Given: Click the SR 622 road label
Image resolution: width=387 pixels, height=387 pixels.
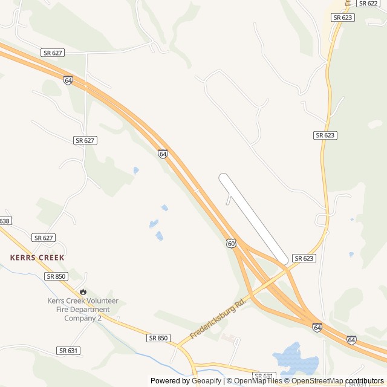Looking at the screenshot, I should (x=367, y=4).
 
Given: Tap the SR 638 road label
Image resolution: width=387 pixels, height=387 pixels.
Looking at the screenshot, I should (x=5, y=221).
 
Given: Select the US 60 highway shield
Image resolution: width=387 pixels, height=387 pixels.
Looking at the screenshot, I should (x=232, y=243).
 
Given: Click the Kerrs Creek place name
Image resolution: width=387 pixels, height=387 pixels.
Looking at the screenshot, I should (x=37, y=258).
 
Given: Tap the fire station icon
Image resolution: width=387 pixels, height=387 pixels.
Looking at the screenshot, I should (x=83, y=291).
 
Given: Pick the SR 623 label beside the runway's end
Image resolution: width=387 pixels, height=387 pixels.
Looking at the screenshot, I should (x=304, y=258).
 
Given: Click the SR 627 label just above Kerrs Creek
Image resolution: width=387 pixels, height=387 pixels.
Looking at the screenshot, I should (x=44, y=238).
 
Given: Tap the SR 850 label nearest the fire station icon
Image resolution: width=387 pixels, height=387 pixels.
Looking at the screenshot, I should (x=56, y=276).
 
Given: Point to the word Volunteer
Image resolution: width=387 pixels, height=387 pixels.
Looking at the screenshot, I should (x=102, y=301).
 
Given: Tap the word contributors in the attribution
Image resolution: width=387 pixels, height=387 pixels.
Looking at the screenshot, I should (x=365, y=381).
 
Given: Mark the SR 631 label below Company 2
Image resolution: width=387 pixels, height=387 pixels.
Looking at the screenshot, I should (x=69, y=350).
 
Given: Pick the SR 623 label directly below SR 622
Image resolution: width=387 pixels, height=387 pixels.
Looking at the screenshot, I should (x=343, y=18).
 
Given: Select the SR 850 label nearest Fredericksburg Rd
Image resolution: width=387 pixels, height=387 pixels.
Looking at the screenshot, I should (x=158, y=338).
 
